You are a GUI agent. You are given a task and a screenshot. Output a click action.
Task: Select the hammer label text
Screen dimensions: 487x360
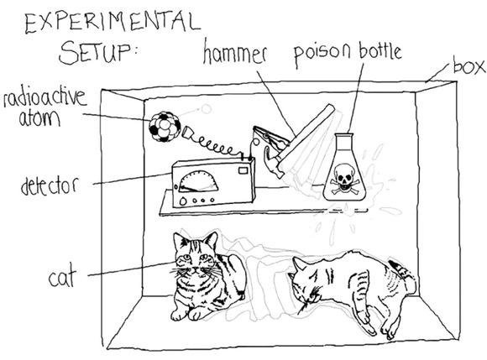pos(235,53)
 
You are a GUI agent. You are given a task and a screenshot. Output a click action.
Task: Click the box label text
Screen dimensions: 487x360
pos(469,65)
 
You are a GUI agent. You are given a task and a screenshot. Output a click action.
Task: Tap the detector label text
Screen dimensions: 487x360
pos(49,186)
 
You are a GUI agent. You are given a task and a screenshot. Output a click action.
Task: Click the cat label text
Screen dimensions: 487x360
pos(62,278)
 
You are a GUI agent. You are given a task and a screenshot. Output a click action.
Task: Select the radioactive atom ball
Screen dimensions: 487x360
pos(165,127)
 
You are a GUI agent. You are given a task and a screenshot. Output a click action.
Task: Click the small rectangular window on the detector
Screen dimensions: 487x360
pos(243,170)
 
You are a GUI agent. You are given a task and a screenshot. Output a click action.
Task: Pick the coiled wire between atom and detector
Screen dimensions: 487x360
pos(214,145)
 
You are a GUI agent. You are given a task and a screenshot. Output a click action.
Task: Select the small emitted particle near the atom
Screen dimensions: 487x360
pos(206,108)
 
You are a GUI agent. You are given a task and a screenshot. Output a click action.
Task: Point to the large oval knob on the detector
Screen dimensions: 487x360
pos(183,201)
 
